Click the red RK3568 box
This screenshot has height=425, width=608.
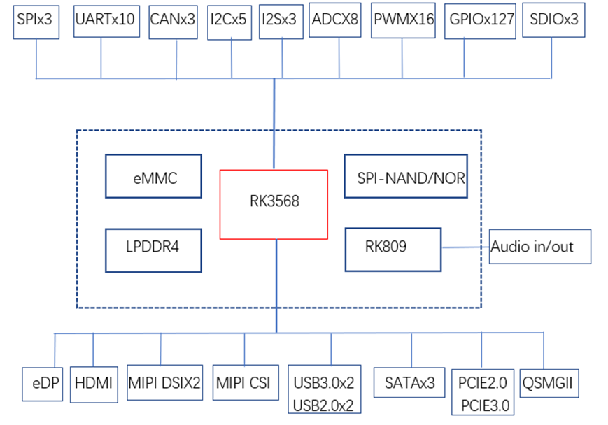pos(274,203)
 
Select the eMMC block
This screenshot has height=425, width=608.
pos(153,176)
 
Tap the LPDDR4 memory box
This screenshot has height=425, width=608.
pos(153,249)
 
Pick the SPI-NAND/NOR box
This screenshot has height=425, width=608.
pos(404,176)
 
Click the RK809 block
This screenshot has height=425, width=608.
pos(393,249)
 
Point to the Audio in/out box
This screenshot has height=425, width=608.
pos(539,247)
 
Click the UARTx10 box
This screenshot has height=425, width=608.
pos(106,20)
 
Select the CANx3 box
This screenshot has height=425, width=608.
pos(173,20)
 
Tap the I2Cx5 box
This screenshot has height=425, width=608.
pos(229,20)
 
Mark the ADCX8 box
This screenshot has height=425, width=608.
pos(334,20)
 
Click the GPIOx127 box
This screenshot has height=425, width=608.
pos(481,20)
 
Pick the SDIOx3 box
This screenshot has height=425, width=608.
pos(553,20)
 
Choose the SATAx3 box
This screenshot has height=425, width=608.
pos(410,383)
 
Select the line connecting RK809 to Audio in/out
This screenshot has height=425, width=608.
pos(465,247)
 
